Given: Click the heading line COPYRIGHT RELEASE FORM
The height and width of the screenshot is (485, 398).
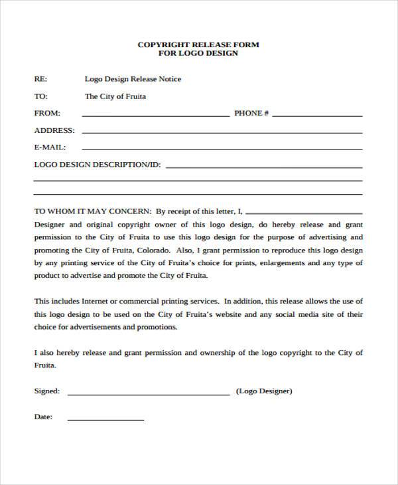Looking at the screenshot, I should pyautogui.click(x=198, y=45).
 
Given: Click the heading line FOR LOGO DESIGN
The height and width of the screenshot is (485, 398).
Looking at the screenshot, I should pyautogui.click(x=198, y=53).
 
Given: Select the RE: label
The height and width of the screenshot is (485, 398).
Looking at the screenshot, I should pyautogui.click(x=40, y=79).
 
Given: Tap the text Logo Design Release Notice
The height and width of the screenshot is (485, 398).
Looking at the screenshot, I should pyautogui.click(x=133, y=79).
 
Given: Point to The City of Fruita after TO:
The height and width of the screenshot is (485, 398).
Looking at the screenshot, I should pyautogui.click(x=115, y=96).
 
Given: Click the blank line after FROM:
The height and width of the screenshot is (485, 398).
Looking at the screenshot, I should pyautogui.click(x=155, y=115).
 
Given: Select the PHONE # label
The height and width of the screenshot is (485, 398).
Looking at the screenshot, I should pyautogui.click(x=251, y=114).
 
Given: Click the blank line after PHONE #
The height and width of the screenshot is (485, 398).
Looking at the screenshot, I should pyautogui.click(x=317, y=115).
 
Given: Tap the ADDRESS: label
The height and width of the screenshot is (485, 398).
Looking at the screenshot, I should pyautogui.click(x=54, y=131).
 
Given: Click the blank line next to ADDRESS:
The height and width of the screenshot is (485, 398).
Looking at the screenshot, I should pyautogui.click(x=222, y=132).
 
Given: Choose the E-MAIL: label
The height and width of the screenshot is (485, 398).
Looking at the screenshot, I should pyautogui.click(x=50, y=147).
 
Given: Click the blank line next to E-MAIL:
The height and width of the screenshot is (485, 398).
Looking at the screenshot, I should pyautogui.click(x=222, y=149).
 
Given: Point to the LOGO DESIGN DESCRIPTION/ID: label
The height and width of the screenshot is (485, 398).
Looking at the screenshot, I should pyautogui.click(x=98, y=164).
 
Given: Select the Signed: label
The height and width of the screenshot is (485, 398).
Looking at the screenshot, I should pyautogui.click(x=47, y=391).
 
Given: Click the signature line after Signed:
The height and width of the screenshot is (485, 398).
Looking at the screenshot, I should pyautogui.click(x=149, y=393).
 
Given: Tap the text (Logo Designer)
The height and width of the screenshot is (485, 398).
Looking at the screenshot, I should pyautogui.click(x=264, y=391).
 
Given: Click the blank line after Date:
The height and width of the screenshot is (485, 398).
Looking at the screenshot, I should pyautogui.click(x=105, y=419).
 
